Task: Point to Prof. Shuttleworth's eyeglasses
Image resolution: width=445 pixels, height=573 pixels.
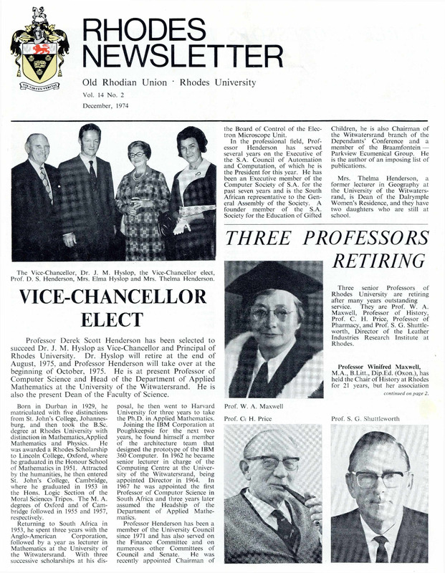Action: coord(378,478)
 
